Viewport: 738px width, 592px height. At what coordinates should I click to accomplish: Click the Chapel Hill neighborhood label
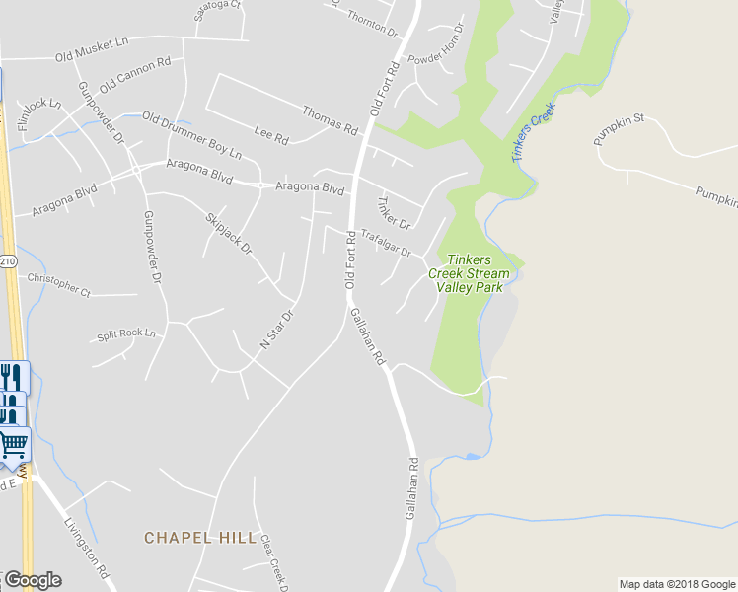tap(191, 537)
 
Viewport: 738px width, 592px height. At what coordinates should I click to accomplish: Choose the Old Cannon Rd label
tap(135, 75)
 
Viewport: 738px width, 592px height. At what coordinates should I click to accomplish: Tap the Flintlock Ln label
tap(39, 112)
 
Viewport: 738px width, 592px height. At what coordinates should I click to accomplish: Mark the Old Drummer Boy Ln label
tap(191, 136)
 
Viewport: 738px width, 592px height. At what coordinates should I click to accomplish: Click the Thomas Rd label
tap(330, 120)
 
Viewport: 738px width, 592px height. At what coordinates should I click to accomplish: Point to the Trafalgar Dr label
tap(385, 243)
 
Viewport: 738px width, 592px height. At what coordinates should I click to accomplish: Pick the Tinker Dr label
tap(393, 211)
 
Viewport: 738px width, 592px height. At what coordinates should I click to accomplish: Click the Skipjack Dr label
tap(229, 233)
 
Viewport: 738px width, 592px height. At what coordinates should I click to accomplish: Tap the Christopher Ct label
tap(58, 285)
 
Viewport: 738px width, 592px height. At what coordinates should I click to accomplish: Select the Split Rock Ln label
tap(126, 334)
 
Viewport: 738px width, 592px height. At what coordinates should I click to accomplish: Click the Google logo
tap(32, 580)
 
